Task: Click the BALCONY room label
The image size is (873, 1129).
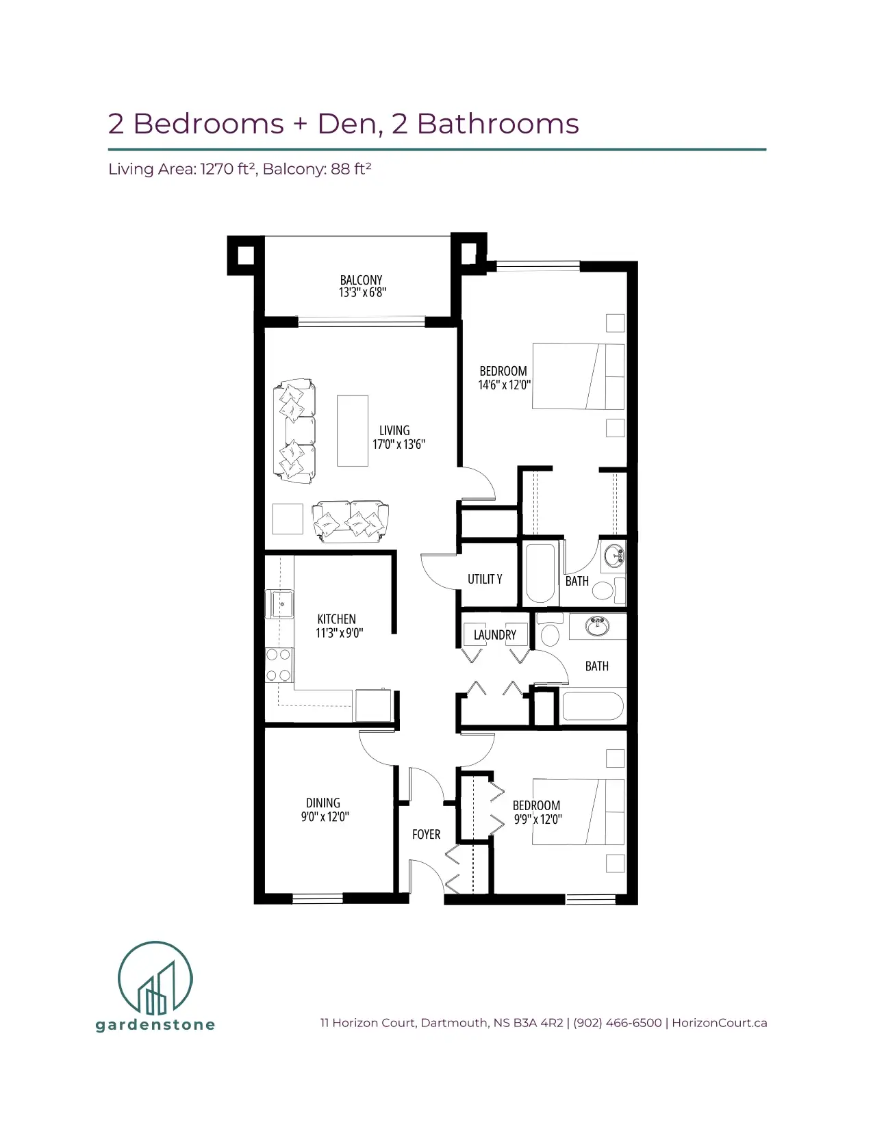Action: (361, 280)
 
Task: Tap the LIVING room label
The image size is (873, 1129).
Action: (394, 430)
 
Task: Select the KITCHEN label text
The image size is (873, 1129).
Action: (336, 619)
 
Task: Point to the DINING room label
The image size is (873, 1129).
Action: (323, 803)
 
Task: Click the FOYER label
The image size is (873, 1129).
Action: (427, 834)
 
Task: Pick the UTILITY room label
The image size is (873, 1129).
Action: (485, 579)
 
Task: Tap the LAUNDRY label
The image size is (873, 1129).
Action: (494, 635)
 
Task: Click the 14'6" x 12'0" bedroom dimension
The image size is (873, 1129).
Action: (505, 385)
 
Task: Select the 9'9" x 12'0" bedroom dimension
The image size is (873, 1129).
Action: (537, 819)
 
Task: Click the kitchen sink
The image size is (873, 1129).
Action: (280, 604)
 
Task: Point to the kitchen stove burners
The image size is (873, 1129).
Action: (279, 665)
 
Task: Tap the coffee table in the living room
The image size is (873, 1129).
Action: (353, 430)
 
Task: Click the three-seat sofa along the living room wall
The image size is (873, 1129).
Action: (294, 431)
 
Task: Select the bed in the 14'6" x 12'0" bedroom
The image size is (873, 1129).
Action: (578, 376)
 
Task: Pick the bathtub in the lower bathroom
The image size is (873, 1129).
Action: (593, 705)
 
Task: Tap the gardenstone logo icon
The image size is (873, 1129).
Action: (155, 978)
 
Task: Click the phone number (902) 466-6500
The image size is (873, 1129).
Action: (617, 1022)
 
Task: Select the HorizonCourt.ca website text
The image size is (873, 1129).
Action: (720, 1022)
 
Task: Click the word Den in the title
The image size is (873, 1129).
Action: (347, 124)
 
